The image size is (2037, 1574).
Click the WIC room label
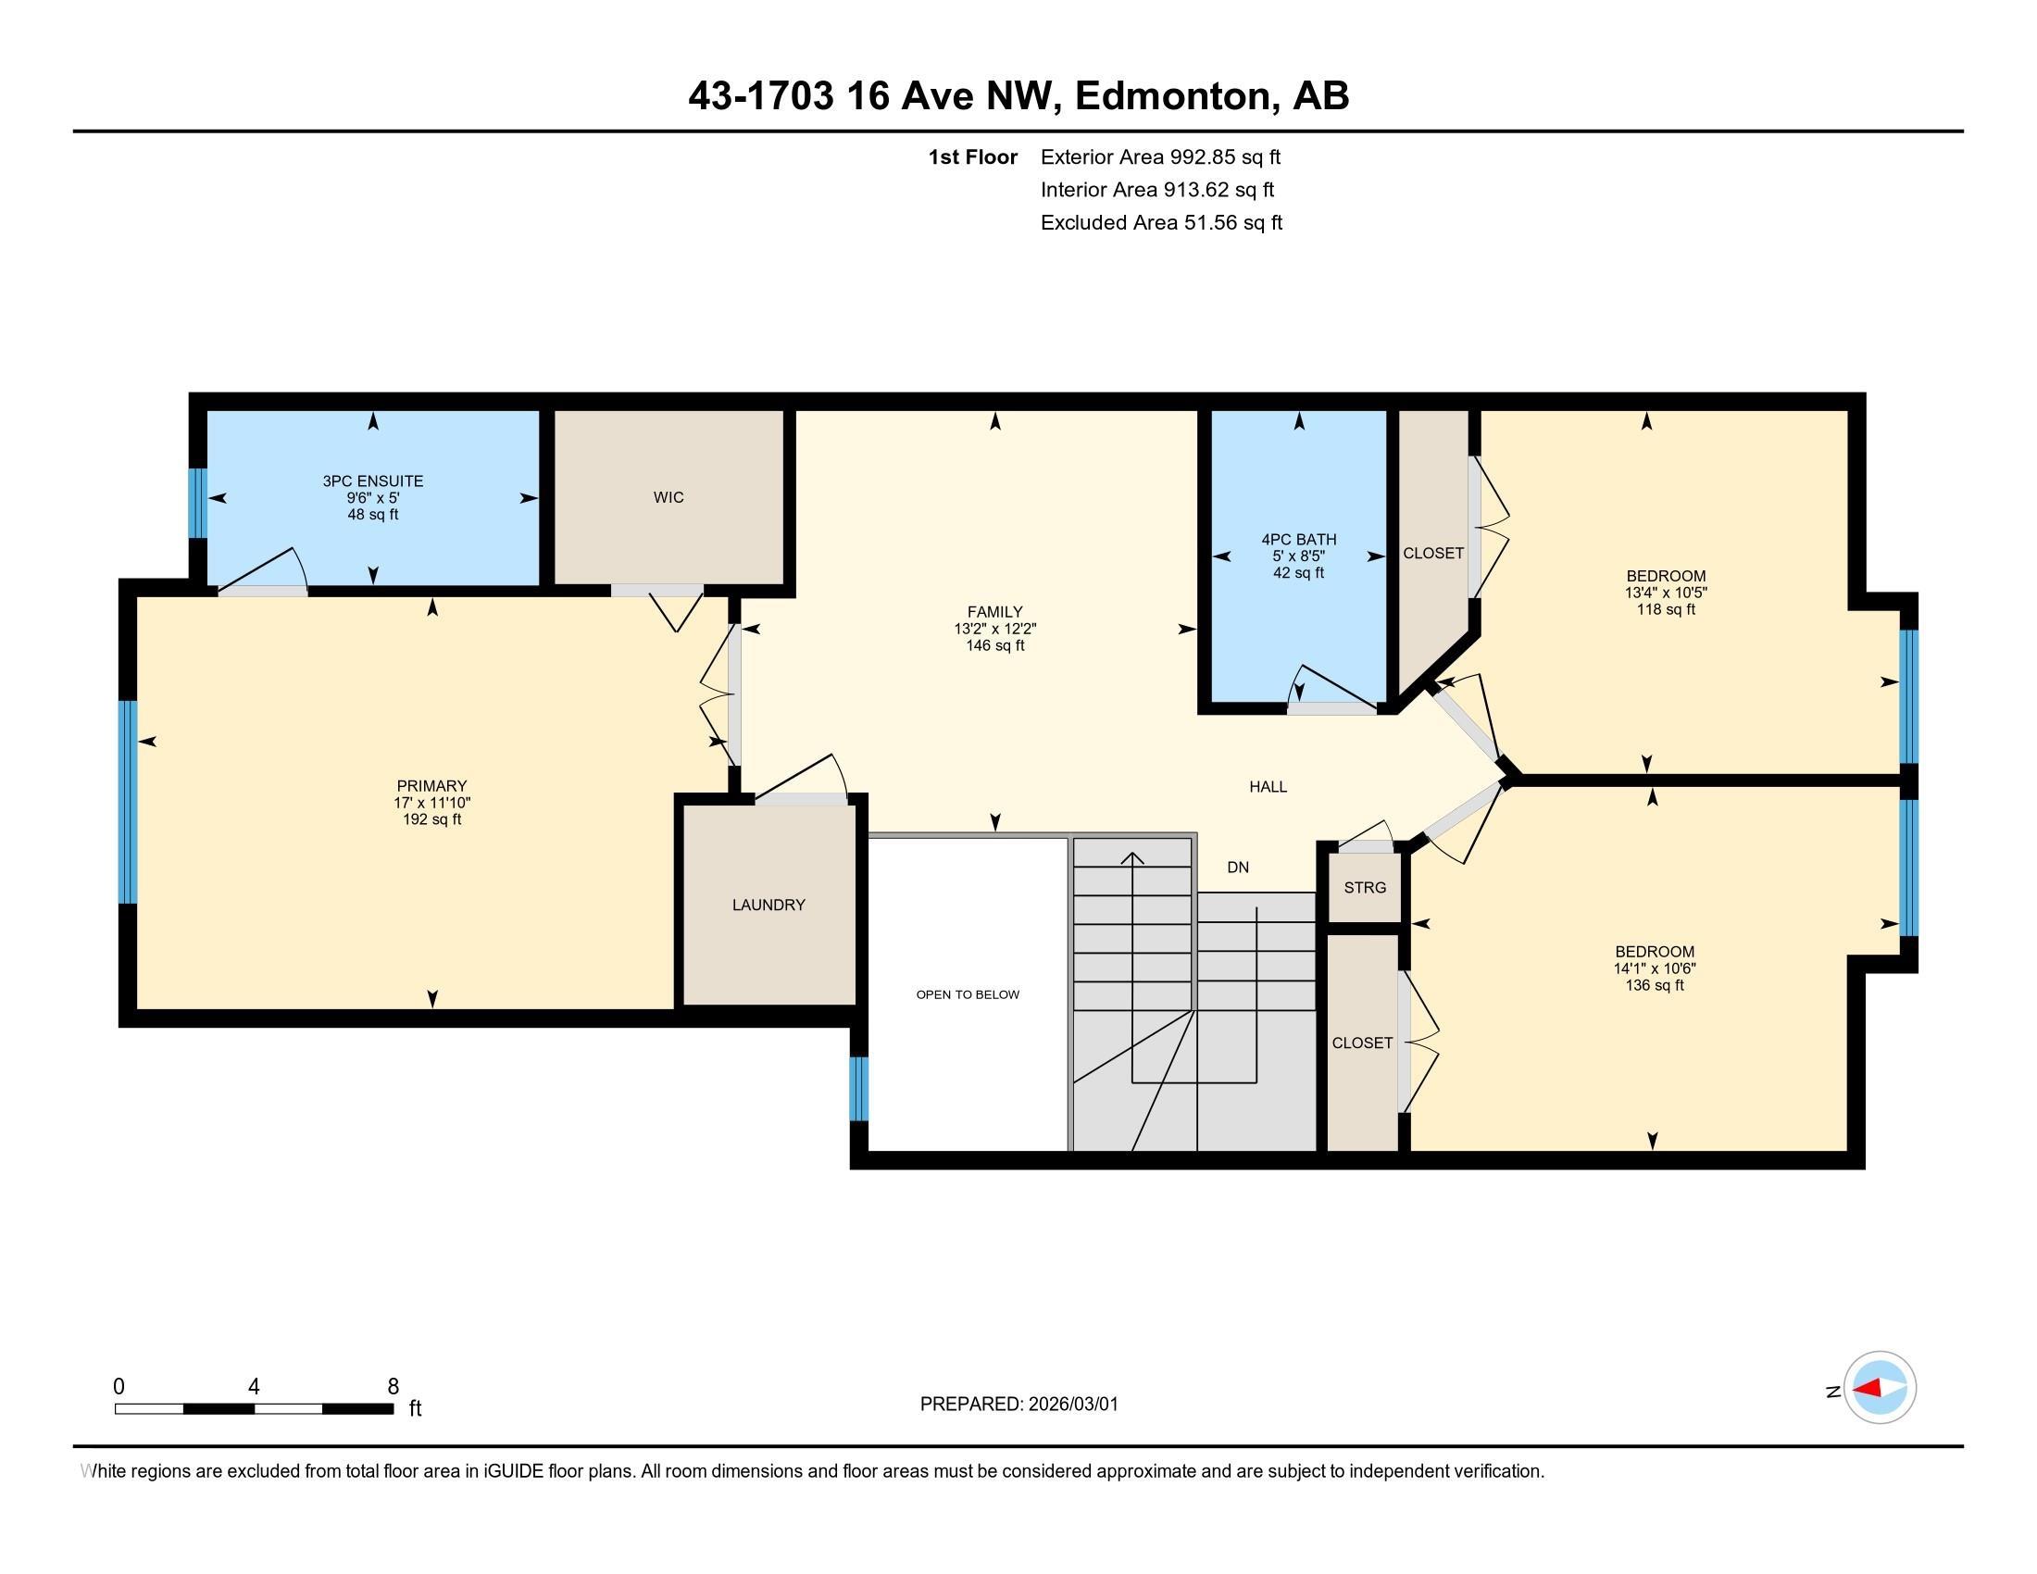click(x=669, y=498)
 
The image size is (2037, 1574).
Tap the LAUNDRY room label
click(x=769, y=905)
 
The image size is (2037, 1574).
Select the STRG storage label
click(x=1365, y=888)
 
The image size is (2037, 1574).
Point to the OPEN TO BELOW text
click(x=968, y=995)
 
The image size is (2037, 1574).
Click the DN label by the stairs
click(x=1238, y=868)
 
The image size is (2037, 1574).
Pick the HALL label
click(x=1268, y=787)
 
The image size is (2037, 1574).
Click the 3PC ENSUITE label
click(x=373, y=481)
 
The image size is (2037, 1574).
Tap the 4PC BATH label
click(x=1299, y=539)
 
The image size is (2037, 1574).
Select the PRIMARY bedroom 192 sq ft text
click(x=431, y=819)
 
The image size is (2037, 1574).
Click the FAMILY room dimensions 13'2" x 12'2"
click(x=995, y=630)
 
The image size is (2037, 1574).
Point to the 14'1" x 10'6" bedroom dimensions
click(x=1655, y=968)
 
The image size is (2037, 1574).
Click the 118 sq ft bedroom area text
click(x=1666, y=610)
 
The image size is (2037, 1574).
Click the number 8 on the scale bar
click(x=394, y=1387)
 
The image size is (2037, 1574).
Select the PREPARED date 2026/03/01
click(x=1073, y=1405)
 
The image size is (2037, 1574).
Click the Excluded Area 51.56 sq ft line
click(x=1161, y=223)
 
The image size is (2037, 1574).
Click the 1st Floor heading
click(x=973, y=157)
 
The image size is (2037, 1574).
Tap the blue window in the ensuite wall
click(x=197, y=504)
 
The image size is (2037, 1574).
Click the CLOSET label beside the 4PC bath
click(x=1433, y=554)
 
